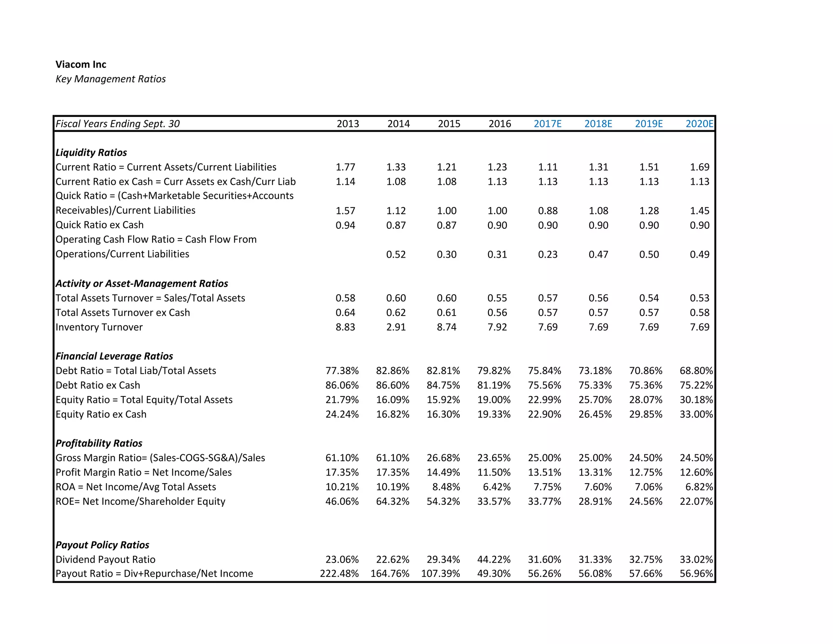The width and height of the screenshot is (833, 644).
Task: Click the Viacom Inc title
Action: pyautogui.click(x=81, y=64)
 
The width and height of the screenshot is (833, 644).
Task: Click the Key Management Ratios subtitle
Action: pyautogui.click(x=110, y=79)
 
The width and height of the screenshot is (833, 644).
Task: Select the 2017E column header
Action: pyautogui.click(x=547, y=124)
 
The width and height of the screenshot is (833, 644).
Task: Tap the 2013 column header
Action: pyautogui.click(x=348, y=124)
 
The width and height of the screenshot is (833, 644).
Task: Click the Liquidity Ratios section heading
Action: pyautogui.click(x=91, y=153)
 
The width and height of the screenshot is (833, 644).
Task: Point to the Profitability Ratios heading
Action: pyautogui.click(x=99, y=443)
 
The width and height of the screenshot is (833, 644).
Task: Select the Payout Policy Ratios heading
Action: pyautogui.click(x=102, y=545)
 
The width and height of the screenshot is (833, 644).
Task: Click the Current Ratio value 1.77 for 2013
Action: pyautogui.click(x=345, y=167)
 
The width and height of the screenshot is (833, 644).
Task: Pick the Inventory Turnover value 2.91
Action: pyautogui.click(x=396, y=327)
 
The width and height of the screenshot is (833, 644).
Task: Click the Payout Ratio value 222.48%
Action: pyautogui.click(x=339, y=574)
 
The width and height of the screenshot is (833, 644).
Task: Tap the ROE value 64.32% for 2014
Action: pyautogui.click(x=393, y=502)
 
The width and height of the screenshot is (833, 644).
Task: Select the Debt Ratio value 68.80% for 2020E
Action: pyautogui.click(x=696, y=371)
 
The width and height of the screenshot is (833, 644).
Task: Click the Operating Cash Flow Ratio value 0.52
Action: pyautogui.click(x=396, y=254)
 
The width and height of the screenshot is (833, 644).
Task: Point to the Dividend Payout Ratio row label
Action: pyautogui.click(x=105, y=560)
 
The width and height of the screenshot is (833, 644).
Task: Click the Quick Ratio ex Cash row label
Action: pyautogui.click(x=99, y=225)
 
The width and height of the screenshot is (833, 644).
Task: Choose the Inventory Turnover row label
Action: pyautogui.click(x=99, y=327)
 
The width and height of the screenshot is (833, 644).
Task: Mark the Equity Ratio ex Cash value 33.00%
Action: pyautogui.click(x=696, y=414)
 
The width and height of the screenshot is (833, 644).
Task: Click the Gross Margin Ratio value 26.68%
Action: pyautogui.click(x=443, y=458)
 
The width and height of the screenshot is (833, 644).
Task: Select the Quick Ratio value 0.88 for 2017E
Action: pyautogui.click(x=547, y=211)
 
